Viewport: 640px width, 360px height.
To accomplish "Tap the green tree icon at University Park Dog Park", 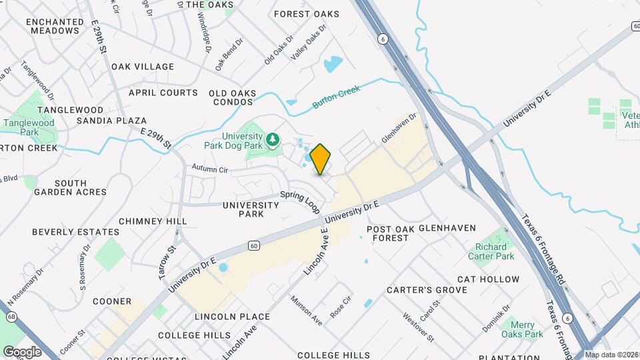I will [x=272, y=139].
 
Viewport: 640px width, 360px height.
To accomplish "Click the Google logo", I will [x=22, y=351].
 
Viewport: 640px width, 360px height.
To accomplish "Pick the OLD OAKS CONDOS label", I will [x=233, y=97].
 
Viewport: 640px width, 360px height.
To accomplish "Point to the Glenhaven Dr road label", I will [x=399, y=127].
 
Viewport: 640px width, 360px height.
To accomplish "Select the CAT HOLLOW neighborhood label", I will [x=489, y=279].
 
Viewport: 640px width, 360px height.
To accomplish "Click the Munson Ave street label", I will [x=307, y=311].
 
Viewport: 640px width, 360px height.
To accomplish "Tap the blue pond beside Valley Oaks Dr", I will [x=333, y=65].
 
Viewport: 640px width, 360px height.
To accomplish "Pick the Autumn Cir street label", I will [x=210, y=169].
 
